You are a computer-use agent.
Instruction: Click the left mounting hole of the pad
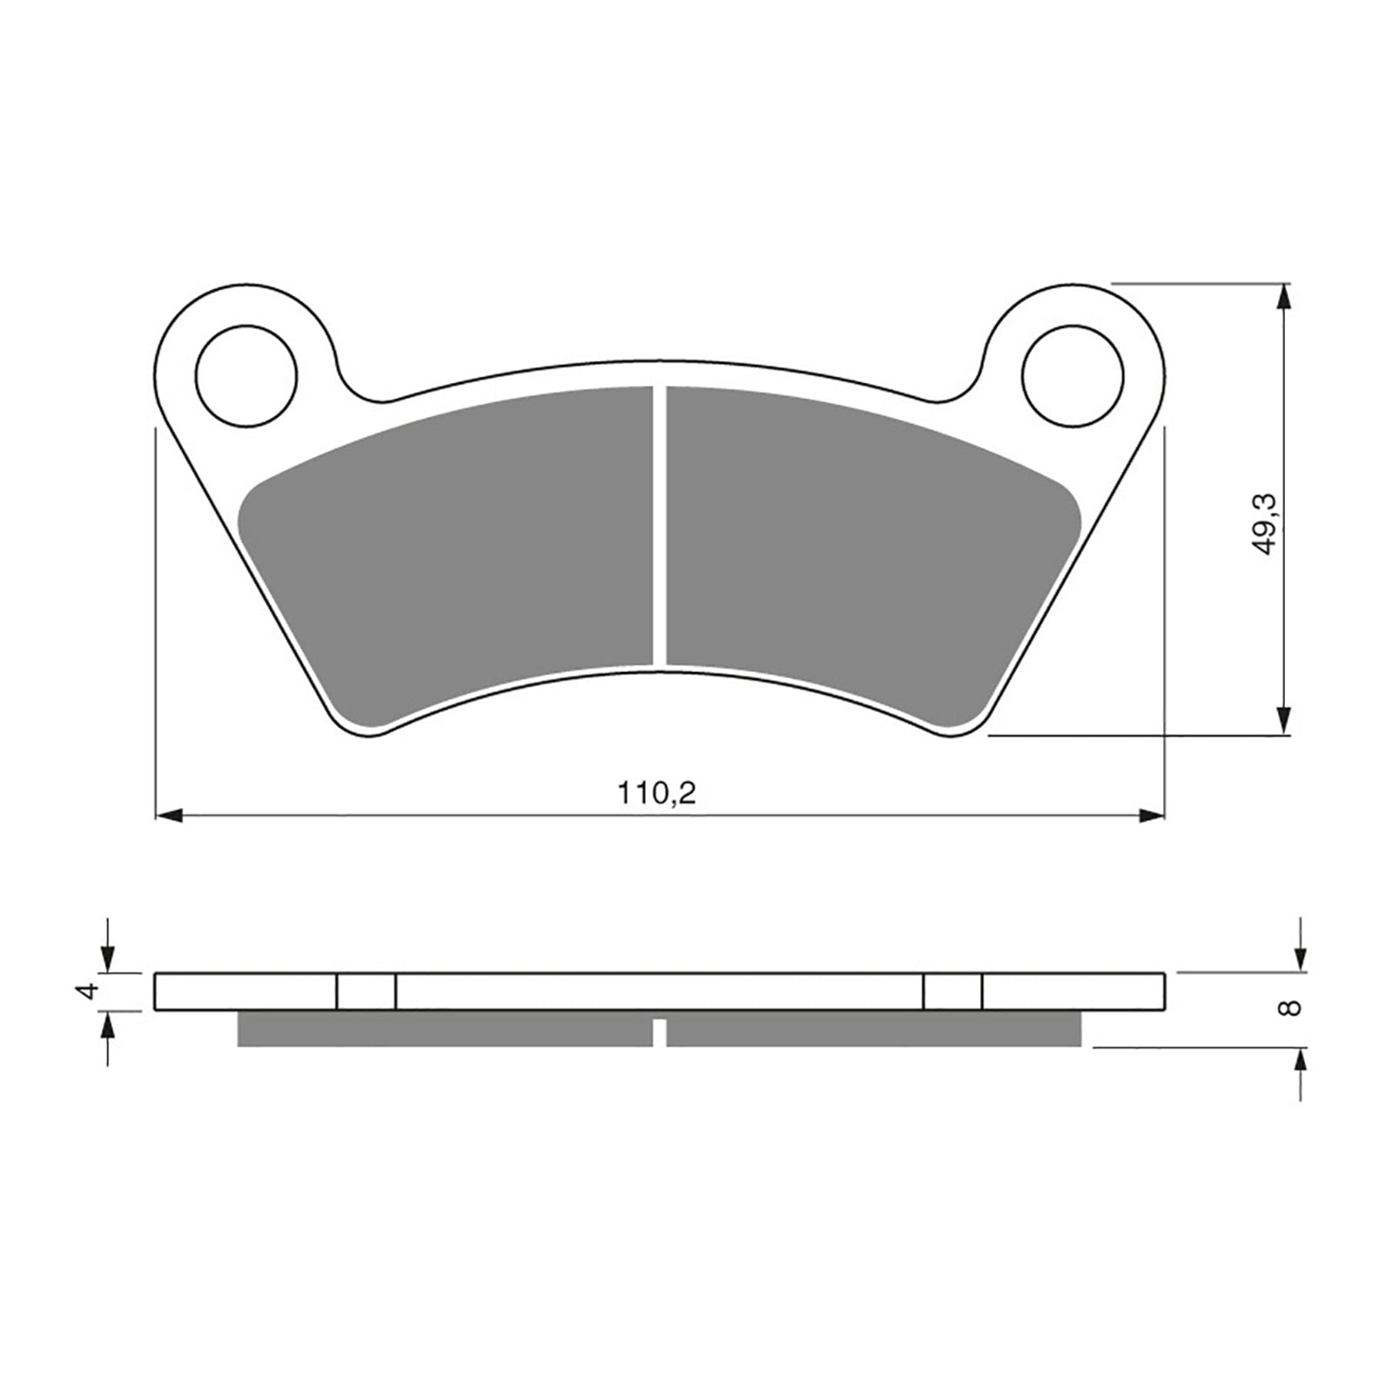[x=246, y=375]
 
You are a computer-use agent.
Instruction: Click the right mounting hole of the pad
[x=1073, y=375]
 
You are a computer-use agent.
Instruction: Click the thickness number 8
[x=1292, y=1007]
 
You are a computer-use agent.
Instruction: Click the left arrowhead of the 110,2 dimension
[x=167, y=816]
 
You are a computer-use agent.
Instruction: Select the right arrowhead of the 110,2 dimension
[x=1152, y=816]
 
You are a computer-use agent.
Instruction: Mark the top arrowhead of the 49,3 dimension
[x=1282, y=296]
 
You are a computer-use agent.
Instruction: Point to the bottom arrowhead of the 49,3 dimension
[x=1282, y=722]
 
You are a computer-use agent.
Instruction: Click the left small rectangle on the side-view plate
[x=366, y=991]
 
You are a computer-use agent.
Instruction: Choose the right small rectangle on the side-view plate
[x=952, y=991]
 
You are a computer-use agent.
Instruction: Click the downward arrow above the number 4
[x=107, y=959]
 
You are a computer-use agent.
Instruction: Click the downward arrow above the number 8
[x=1299, y=959]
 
